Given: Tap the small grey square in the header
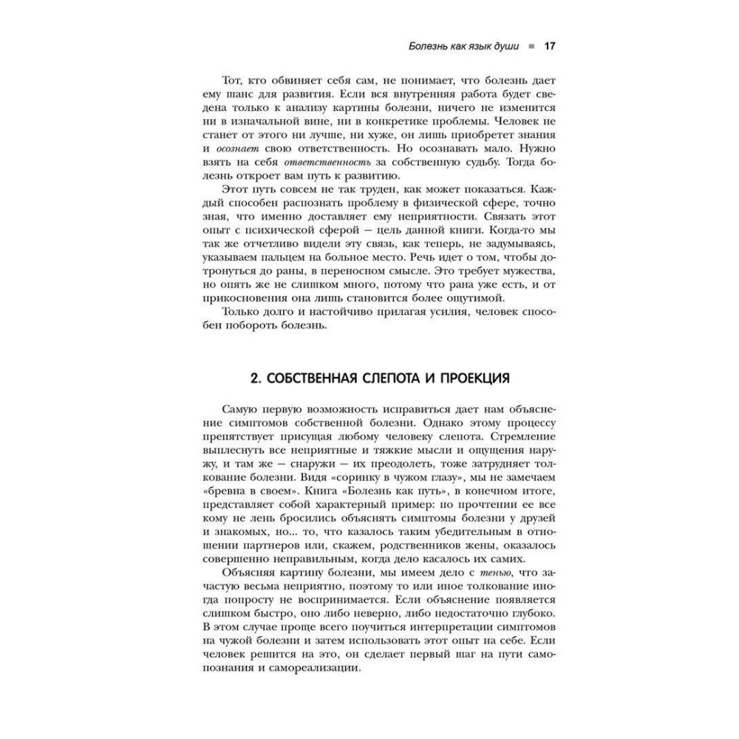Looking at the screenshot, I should click(531, 47).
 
